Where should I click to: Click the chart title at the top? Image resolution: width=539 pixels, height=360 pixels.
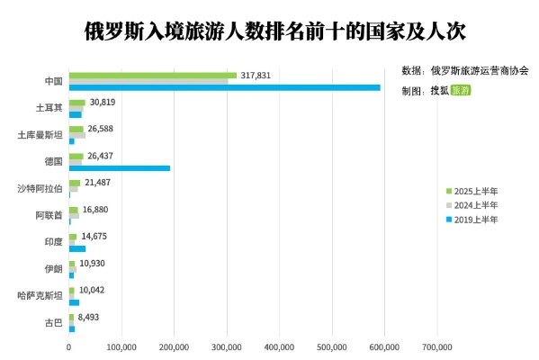click(270, 30)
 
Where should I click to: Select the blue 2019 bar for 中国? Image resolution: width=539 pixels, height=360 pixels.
click(225, 87)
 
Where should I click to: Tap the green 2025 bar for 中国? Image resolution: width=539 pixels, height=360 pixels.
click(153, 76)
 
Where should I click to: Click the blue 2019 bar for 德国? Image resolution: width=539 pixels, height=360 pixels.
click(120, 168)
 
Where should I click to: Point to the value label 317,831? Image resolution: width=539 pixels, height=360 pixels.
click(261, 76)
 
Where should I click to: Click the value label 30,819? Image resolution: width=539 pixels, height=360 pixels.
click(103, 103)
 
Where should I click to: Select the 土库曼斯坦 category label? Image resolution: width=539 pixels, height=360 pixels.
click(40, 135)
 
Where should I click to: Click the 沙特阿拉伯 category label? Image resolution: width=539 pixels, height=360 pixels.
click(40, 189)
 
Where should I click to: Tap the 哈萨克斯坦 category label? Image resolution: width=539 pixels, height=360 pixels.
click(40, 295)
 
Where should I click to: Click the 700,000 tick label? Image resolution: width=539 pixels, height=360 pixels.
click(437, 346)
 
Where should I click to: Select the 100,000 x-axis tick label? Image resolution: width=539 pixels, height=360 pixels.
click(121, 346)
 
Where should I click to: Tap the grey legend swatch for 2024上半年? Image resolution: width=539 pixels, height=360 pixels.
click(449, 205)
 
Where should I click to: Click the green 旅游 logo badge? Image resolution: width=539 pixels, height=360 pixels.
click(460, 91)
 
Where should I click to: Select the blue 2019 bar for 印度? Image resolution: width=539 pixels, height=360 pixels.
click(77, 248)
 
